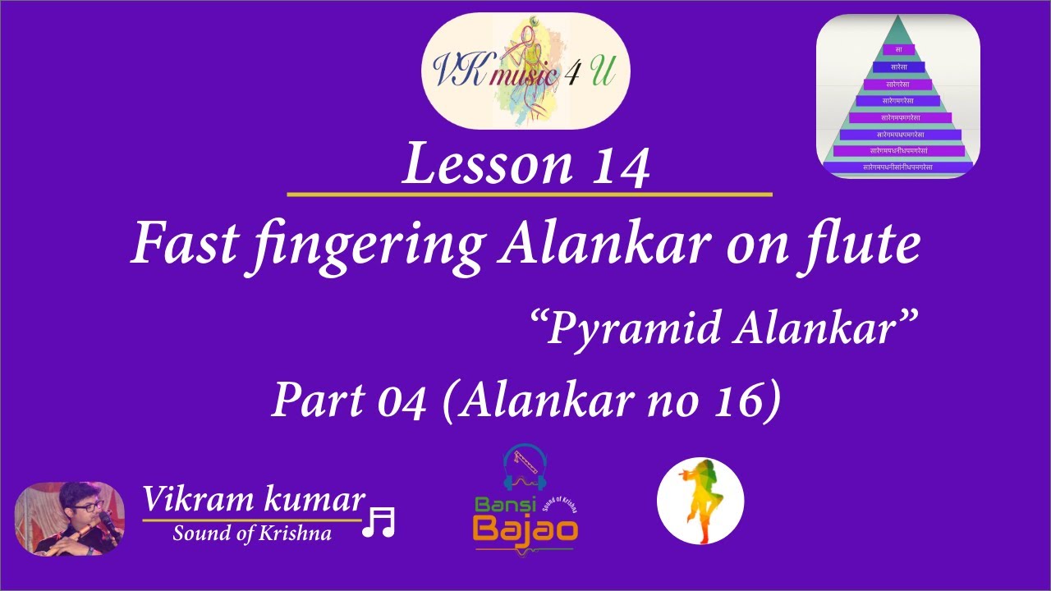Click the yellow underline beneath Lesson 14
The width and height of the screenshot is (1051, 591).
click(530, 195)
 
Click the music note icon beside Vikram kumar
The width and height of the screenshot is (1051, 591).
click(379, 522)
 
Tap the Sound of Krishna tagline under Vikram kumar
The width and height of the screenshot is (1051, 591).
click(252, 534)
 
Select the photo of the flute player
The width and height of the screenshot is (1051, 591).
click(70, 519)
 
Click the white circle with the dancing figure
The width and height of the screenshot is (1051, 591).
click(700, 501)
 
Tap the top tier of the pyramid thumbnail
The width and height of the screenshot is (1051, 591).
click(897, 50)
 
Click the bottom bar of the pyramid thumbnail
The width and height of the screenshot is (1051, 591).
click(897, 167)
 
